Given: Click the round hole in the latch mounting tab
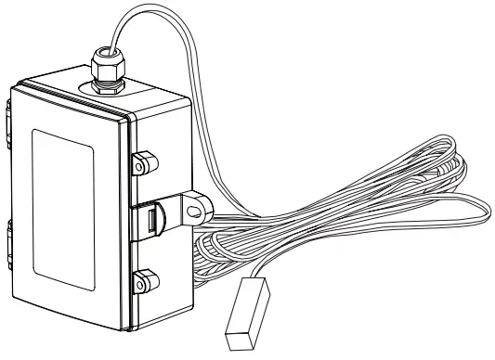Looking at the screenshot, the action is (x=193, y=210).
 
